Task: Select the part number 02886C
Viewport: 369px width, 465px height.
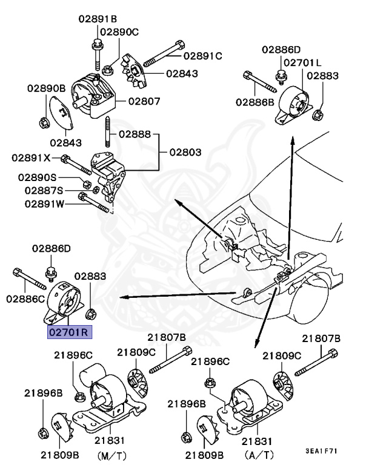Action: [x=27, y=298]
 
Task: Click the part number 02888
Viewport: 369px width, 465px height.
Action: [x=135, y=133]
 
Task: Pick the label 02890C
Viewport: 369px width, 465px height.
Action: [x=119, y=31]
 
